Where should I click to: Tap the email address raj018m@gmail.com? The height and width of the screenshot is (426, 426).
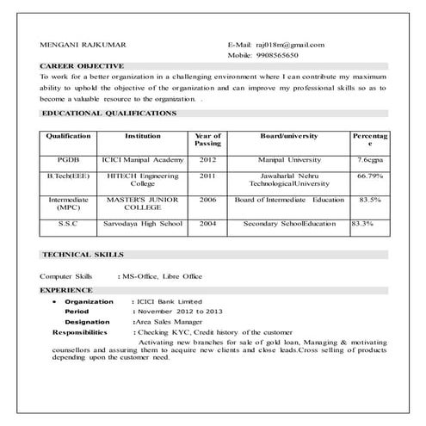coord(287,44)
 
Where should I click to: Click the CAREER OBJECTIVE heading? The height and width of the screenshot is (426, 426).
coord(82,65)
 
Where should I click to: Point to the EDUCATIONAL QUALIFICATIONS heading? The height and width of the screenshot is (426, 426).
coord(108,113)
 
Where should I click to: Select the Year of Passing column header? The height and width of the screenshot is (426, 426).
coord(207,140)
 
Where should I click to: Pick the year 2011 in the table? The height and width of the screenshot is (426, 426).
coord(207,176)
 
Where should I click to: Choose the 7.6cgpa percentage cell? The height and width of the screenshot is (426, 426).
coord(369,160)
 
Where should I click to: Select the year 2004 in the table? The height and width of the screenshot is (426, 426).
coord(207,224)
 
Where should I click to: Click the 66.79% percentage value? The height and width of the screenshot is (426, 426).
coord(369,176)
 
